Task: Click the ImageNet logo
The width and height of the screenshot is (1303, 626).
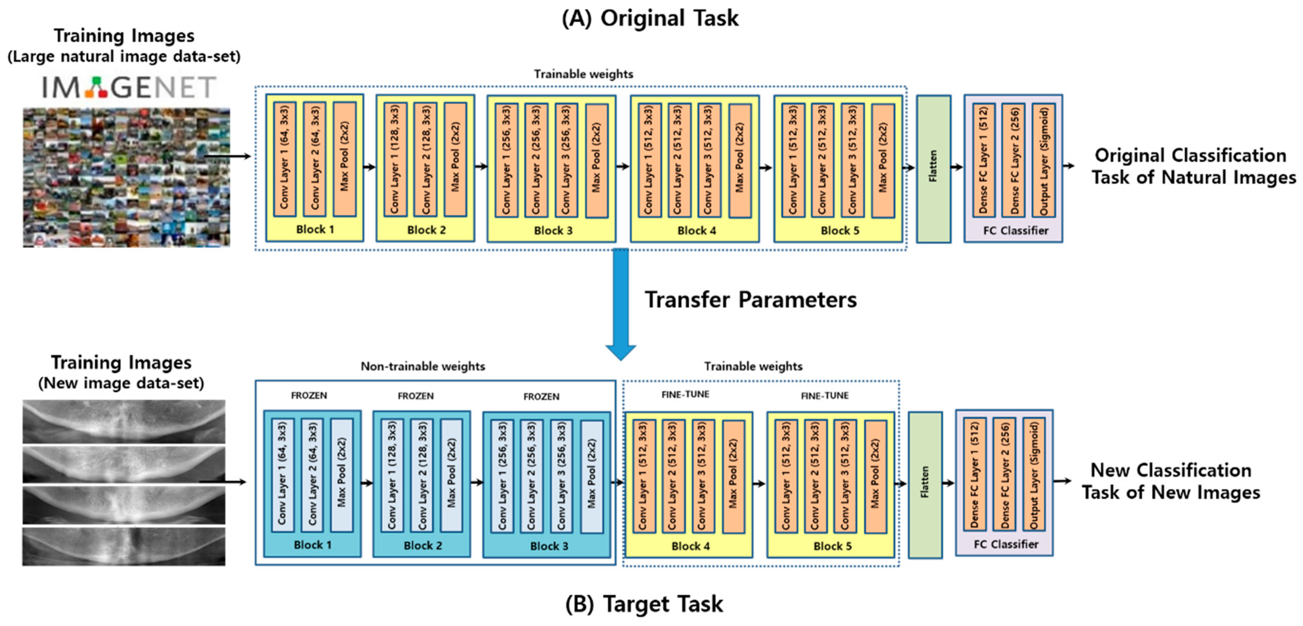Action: tap(129, 87)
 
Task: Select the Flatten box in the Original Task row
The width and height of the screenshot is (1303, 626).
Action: tap(933, 169)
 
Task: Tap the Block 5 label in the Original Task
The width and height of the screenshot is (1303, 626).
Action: tap(840, 231)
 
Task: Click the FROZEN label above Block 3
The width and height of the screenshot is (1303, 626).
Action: tap(541, 397)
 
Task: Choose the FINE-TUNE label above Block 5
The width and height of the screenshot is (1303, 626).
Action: tap(824, 396)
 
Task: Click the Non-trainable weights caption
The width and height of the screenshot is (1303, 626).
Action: tap(422, 366)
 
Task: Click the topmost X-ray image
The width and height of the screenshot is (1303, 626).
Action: tap(124, 421)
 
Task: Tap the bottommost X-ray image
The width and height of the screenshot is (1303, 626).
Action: tap(124, 546)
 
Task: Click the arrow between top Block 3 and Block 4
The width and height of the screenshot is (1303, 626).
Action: tap(623, 166)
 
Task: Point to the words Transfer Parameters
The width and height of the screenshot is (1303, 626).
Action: tap(751, 300)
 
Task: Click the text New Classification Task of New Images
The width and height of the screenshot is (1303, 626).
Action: tap(1170, 481)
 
